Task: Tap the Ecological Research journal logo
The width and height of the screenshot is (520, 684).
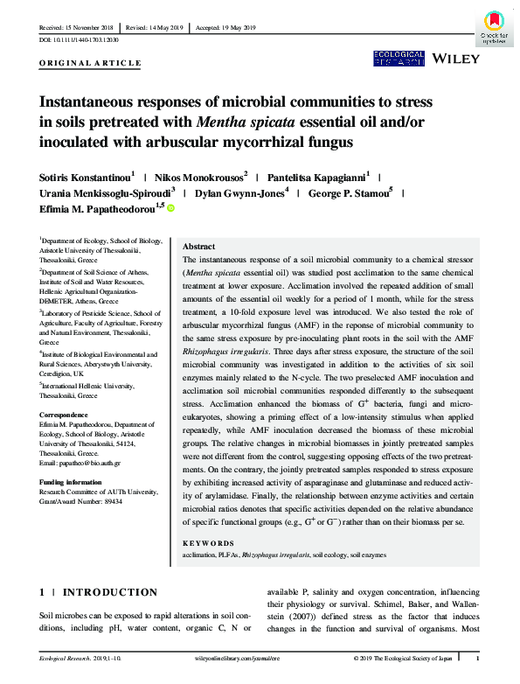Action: click(399, 59)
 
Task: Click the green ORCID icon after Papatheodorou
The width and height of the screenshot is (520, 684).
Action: click(171, 208)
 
